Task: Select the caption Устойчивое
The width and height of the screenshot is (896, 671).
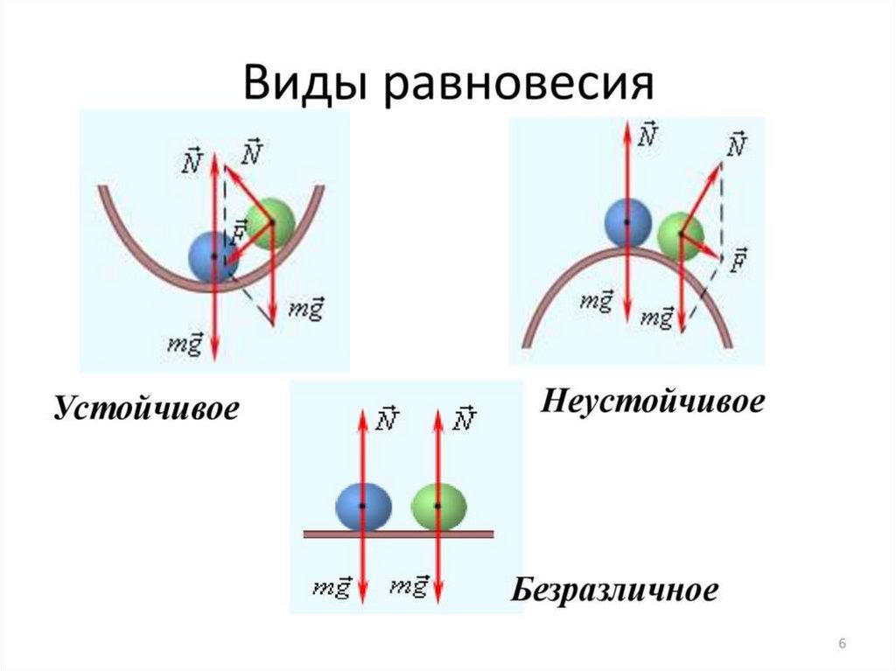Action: [x=146, y=409]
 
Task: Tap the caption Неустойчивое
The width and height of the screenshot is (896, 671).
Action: [x=653, y=402]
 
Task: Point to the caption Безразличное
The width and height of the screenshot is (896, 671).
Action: [x=615, y=589]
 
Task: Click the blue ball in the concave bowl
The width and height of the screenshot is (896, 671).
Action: [x=212, y=256]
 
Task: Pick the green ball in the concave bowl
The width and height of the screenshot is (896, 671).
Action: [x=269, y=221]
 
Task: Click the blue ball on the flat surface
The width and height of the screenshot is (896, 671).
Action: [x=362, y=507]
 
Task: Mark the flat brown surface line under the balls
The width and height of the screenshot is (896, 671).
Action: [x=399, y=533]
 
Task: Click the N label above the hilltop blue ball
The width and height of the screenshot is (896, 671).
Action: [x=648, y=134]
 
